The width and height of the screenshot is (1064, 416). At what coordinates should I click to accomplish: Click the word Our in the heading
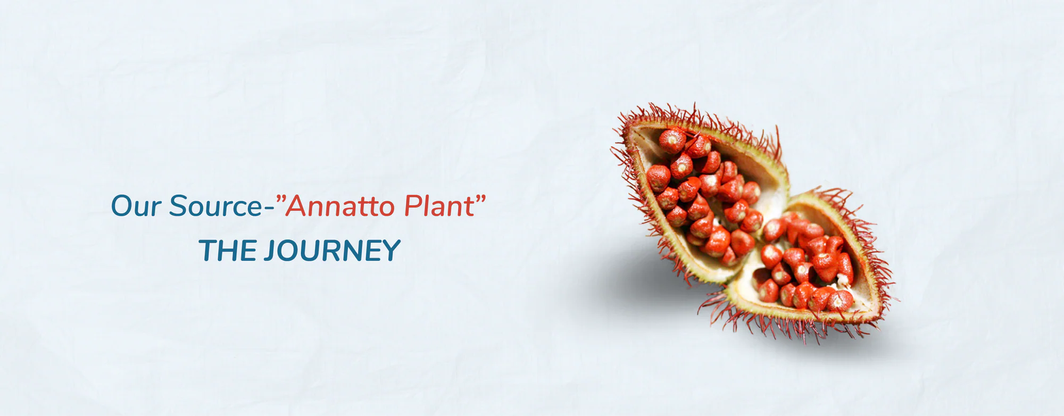pos(136,206)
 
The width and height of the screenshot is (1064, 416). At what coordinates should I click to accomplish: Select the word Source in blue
pos(216,206)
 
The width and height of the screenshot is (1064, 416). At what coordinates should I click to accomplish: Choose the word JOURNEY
pos(332,251)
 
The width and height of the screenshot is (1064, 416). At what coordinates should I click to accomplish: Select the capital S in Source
pos(178,206)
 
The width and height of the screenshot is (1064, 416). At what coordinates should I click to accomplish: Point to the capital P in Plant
pos(413,206)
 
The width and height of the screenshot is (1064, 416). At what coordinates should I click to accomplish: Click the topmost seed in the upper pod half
pos(672,140)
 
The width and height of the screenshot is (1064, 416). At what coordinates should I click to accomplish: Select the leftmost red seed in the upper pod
pos(658,178)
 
